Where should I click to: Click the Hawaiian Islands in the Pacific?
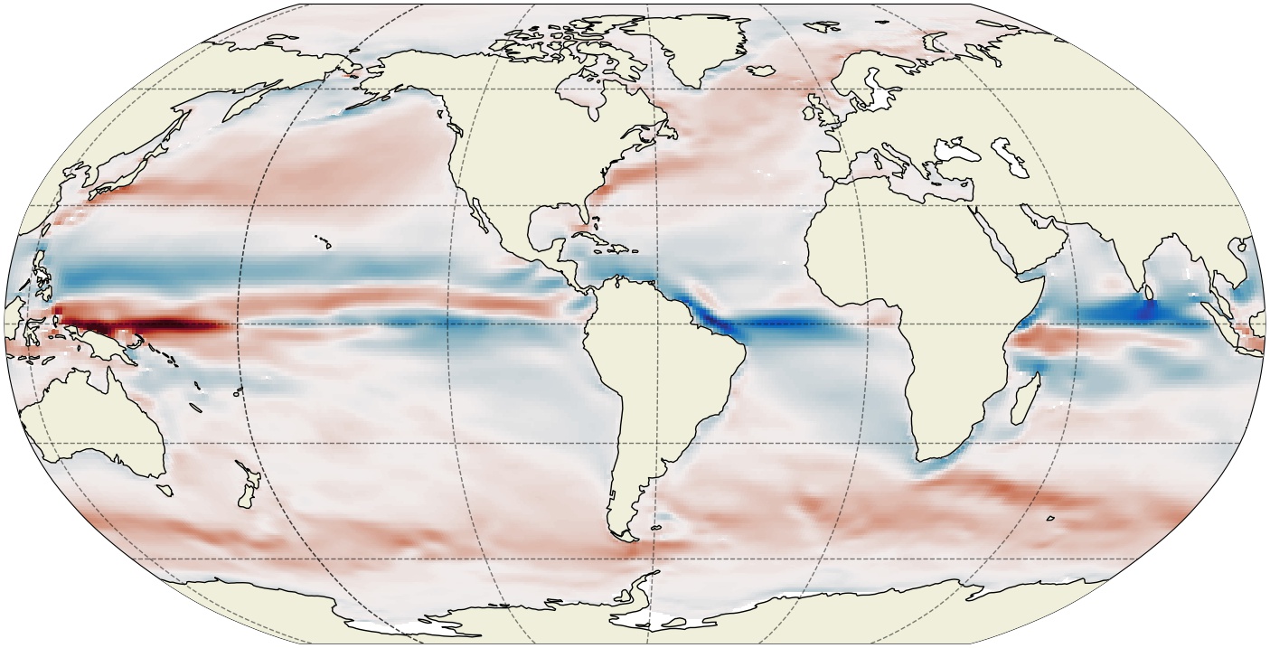[323, 242]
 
